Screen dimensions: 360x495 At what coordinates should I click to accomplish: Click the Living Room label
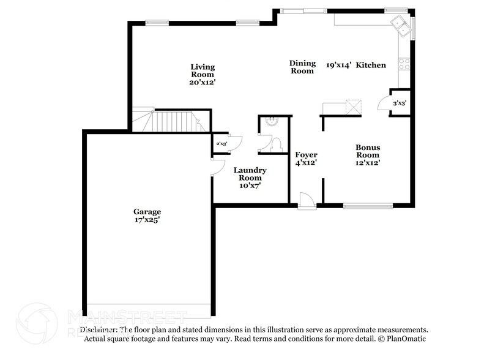point(202,70)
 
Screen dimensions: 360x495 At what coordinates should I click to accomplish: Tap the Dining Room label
point(302,67)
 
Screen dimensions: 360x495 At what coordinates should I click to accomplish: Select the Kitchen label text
point(371,65)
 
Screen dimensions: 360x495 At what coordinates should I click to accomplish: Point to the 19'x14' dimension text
point(338,65)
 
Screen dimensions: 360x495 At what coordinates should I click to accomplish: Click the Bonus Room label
point(368,151)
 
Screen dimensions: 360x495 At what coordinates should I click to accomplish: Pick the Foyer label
point(306,155)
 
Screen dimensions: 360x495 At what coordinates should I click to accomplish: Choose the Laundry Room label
point(250,173)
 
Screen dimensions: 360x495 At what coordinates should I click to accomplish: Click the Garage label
point(147,212)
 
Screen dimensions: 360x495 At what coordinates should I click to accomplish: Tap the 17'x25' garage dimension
point(147,219)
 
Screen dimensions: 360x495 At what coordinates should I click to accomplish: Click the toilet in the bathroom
point(276,144)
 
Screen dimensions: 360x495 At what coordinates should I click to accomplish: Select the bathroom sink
point(272,122)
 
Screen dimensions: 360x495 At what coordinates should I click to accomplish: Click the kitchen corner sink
point(401,25)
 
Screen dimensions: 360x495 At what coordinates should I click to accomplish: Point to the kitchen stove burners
point(404,62)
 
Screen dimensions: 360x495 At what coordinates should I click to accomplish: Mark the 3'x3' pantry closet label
point(400,103)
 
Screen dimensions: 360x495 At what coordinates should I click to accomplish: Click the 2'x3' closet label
point(220,144)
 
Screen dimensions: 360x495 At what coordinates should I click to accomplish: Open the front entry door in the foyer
point(307,201)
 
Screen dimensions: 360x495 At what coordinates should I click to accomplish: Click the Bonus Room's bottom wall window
point(367,206)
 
